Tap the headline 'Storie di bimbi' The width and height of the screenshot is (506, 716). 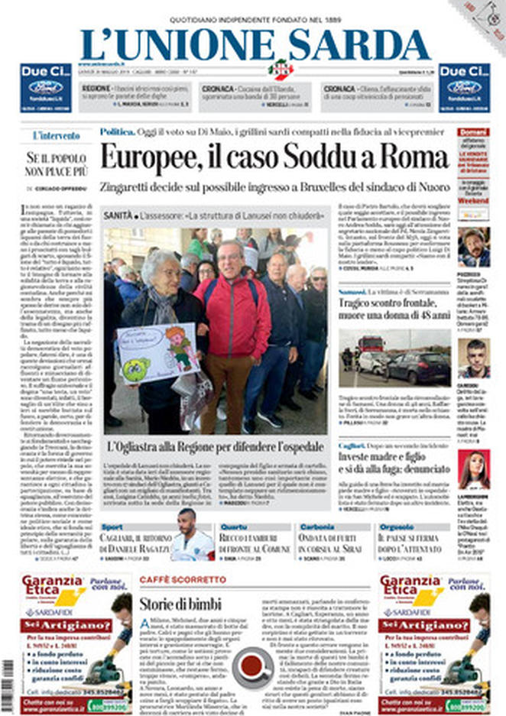pos(180,604)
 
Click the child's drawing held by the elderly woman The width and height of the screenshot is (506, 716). pos(157,352)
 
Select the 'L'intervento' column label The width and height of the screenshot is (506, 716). pos(56,136)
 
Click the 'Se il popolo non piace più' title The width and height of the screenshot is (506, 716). pos(56,164)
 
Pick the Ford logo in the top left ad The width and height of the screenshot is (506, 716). pos(45,86)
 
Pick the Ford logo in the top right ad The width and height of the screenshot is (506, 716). pos(464,86)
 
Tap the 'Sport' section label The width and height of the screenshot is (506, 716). pos(112,526)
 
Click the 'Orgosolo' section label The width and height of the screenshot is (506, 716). pos(397,526)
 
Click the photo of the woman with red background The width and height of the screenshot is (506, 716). pos(473,468)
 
